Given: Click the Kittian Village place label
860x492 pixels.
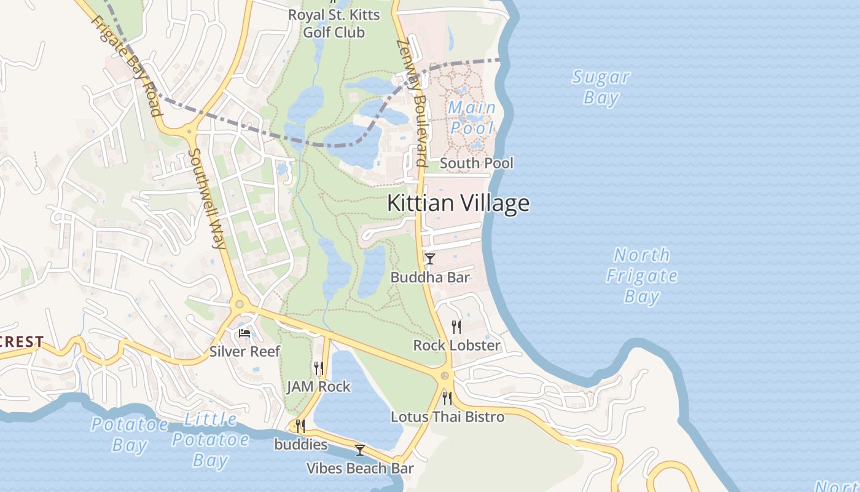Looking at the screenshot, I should coord(458,204).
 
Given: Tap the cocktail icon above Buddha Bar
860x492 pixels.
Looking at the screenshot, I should coord(430,259).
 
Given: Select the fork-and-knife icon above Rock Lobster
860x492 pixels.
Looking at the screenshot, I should coord(456,327).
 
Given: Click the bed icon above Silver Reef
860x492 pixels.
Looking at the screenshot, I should coord(244,334).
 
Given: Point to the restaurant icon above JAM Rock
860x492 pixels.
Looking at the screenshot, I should coord(318,368).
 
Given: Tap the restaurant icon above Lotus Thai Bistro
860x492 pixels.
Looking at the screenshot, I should coord(447,399).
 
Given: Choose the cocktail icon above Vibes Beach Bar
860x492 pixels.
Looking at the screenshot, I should coord(360,450).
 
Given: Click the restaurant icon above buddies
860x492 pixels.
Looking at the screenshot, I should coord(300,426).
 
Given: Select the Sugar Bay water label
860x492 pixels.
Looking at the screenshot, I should coord(601,87).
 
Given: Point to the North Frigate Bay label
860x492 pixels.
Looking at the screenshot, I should coord(642,276).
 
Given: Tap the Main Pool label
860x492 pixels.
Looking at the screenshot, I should coord(472,117).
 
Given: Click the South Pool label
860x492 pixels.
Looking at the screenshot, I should coord(477,163).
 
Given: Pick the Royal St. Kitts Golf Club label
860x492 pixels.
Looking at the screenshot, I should coord(334,23).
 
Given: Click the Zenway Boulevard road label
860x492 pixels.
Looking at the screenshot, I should coord(412,103).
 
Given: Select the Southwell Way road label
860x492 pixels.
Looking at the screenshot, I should coord(208,198).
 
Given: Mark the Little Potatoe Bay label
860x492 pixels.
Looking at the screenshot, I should coord(210,440).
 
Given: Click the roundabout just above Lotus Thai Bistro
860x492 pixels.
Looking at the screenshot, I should coord(445,375).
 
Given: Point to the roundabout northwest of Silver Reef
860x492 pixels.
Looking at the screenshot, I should coord(239,303).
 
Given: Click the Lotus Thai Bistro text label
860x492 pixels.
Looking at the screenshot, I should coord(448,417).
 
